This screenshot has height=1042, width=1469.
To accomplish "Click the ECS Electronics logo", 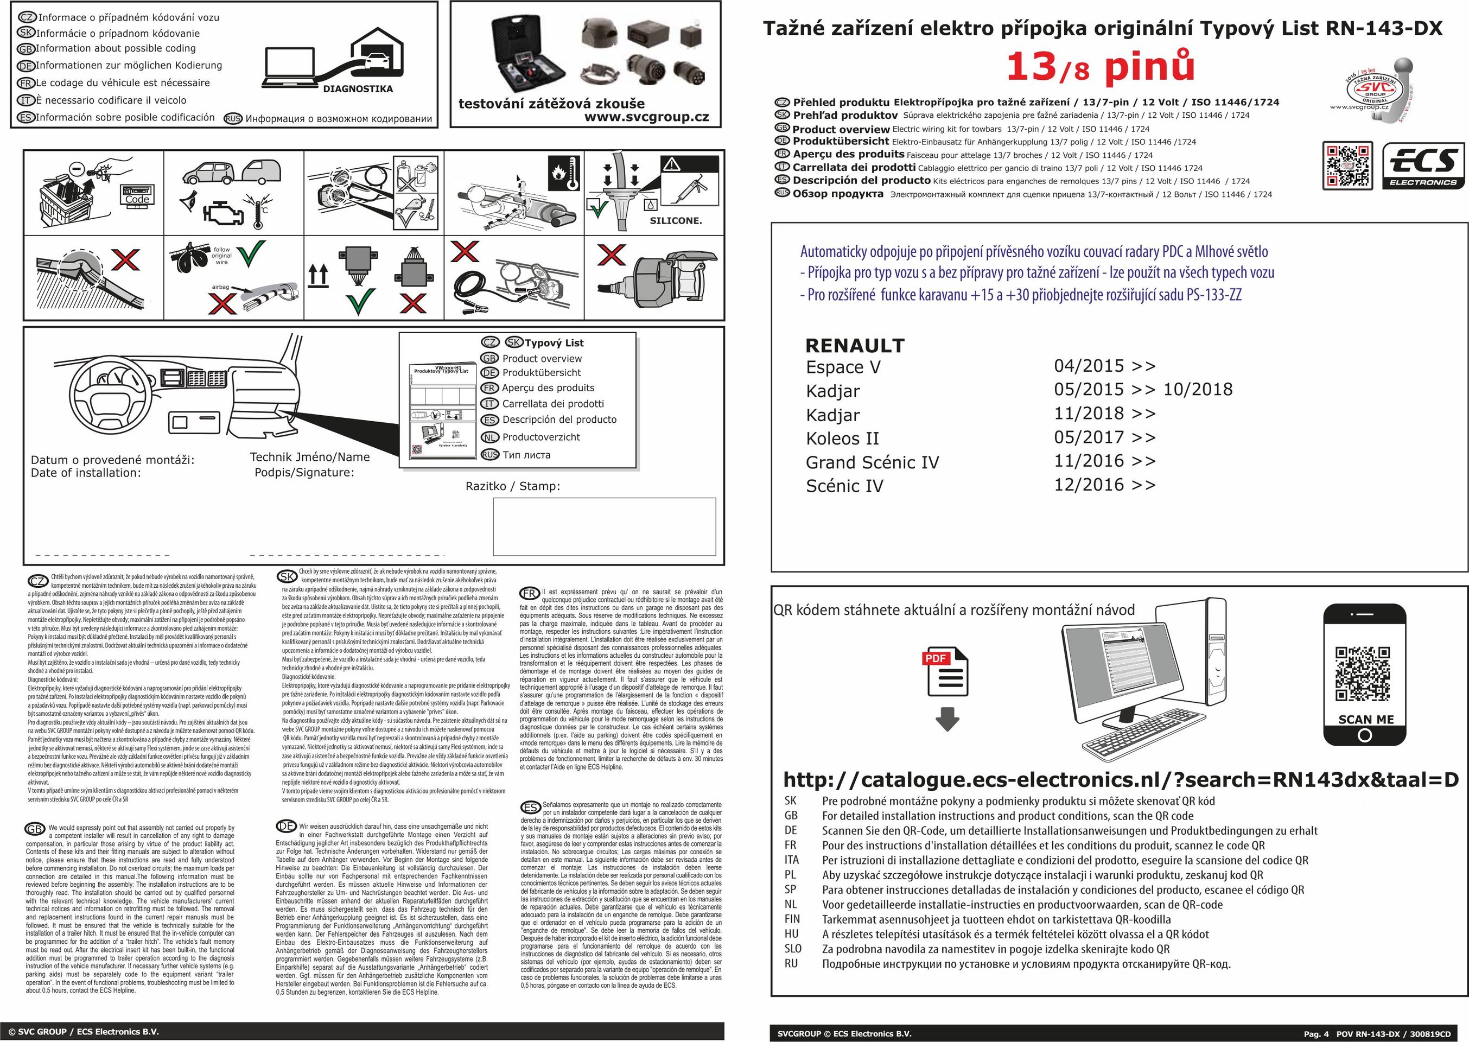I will (1423, 166).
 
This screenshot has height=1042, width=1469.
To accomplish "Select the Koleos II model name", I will (842, 439).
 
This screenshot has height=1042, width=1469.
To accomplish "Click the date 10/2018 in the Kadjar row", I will (1198, 390).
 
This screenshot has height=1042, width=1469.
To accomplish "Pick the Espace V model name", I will (843, 367).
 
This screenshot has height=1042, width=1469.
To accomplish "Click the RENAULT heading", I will (855, 346).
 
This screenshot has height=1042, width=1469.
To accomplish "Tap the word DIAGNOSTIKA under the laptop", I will (357, 89).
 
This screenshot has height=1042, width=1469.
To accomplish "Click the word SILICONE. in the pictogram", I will (676, 221).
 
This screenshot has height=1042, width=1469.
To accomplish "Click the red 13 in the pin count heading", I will (1032, 67).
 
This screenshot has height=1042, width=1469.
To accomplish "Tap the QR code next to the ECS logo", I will (1347, 166).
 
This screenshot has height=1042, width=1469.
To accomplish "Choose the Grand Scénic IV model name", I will (872, 462).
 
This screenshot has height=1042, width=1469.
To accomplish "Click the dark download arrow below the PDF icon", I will (947, 719).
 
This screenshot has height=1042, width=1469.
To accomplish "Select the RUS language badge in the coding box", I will (233, 119).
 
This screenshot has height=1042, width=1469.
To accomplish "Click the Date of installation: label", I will (86, 473).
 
